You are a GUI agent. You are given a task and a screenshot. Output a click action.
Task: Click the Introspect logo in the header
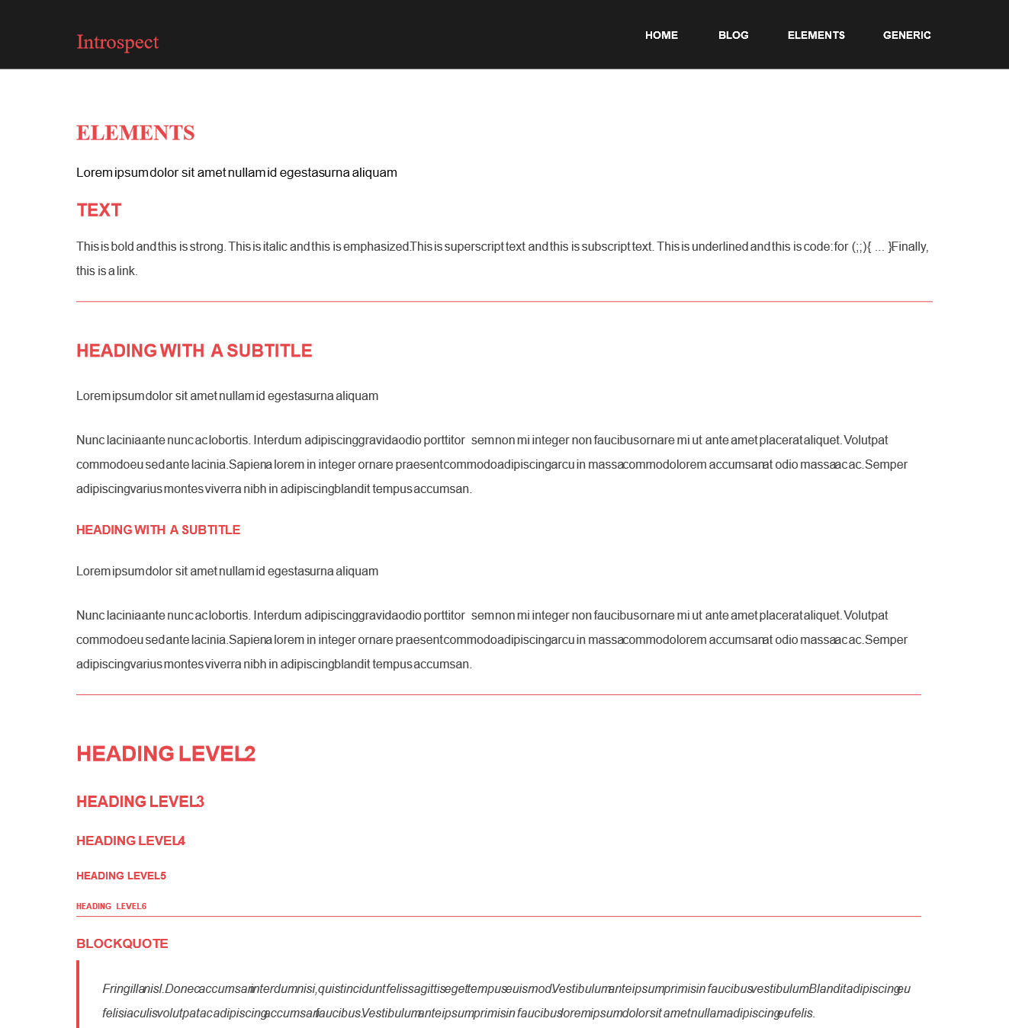[x=117, y=43]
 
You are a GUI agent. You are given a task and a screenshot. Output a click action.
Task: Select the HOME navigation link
[x=661, y=35]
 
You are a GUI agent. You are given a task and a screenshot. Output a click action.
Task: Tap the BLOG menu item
[x=733, y=35]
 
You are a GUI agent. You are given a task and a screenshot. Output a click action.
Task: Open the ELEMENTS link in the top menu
[x=816, y=35]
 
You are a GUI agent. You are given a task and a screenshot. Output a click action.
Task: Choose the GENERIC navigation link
[x=907, y=35]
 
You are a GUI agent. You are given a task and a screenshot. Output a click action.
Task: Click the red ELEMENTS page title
[x=136, y=133]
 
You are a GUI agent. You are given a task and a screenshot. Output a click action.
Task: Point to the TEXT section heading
[x=99, y=210]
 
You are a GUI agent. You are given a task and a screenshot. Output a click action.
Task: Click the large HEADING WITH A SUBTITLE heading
[x=194, y=351]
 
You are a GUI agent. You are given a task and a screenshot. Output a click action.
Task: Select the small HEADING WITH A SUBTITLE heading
[x=158, y=530]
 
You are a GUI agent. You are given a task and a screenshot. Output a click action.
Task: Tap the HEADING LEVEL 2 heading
[x=165, y=754]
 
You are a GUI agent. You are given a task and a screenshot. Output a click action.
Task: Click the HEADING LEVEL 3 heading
[x=140, y=802]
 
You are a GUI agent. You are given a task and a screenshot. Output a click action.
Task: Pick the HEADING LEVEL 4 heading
[x=130, y=841]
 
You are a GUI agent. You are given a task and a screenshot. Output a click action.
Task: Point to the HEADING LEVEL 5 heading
[x=121, y=876]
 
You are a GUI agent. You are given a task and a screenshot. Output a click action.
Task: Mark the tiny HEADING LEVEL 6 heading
[x=111, y=906]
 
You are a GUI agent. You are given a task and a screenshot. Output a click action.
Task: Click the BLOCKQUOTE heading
[x=122, y=943]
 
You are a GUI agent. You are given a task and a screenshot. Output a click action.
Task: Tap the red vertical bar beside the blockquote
[x=78, y=994]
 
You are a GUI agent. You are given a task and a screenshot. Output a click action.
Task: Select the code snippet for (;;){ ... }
[x=863, y=247]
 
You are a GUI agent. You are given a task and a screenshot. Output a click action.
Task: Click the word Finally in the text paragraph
[x=910, y=247]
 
